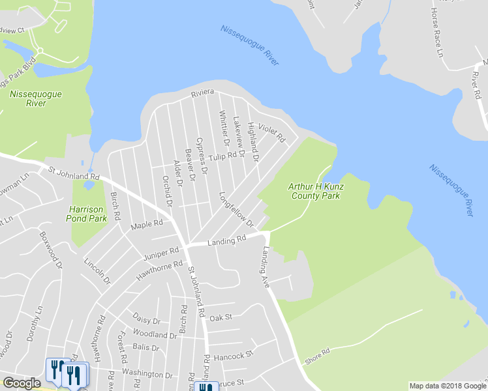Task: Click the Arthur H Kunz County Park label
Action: [x=316, y=191]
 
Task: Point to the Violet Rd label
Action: [x=272, y=133]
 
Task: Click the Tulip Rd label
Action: [x=222, y=156]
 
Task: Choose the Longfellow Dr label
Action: [x=236, y=209]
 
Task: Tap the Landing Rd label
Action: [x=226, y=240]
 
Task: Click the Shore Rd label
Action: [x=316, y=356]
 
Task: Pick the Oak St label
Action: [x=217, y=318]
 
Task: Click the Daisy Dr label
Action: [x=146, y=321]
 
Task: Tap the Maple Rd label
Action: [x=146, y=225]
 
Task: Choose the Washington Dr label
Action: [x=151, y=375]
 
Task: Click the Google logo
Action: [x=22, y=383]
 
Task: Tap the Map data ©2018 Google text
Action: [x=447, y=386]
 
